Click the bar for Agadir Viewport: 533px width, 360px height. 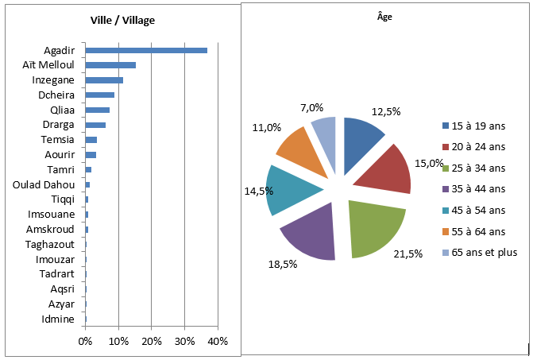[x=146, y=50]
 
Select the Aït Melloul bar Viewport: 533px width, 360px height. [x=111, y=65]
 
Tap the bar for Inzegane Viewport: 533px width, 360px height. [x=104, y=80]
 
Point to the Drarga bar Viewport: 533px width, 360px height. [x=95, y=125]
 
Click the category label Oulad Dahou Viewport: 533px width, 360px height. [x=44, y=185]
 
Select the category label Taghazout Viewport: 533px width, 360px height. [x=49, y=245]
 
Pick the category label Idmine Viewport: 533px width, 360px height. [x=58, y=319]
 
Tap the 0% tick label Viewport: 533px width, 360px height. [x=85, y=341]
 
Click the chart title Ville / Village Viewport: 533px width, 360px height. [x=122, y=21]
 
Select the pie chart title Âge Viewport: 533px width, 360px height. [x=384, y=17]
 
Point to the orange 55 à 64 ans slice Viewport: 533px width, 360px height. [x=303, y=150]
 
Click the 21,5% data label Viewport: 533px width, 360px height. [x=408, y=254]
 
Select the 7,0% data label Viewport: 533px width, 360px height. [x=311, y=108]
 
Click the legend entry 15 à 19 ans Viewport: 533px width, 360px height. [x=474, y=126]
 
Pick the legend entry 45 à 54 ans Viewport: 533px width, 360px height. [x=474, y=211]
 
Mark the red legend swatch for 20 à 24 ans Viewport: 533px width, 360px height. [x=446, y=147]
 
